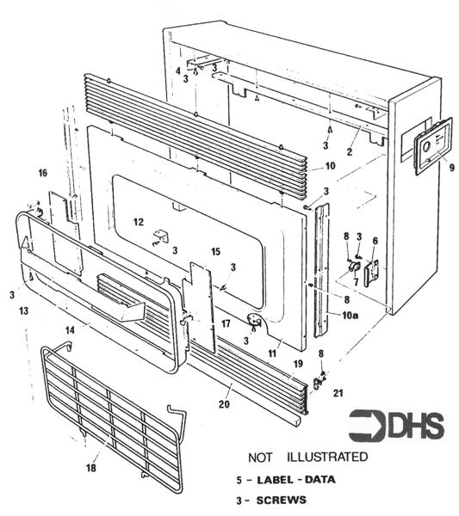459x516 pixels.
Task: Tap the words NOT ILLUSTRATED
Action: click(307, 456)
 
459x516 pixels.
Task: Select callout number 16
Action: click(41, 174)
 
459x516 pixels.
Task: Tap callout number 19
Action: click(298, 365)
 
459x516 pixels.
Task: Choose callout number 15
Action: click(216, 252)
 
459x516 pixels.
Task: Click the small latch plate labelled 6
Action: click(374, 273)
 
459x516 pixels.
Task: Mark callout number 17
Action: click(225, 322)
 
